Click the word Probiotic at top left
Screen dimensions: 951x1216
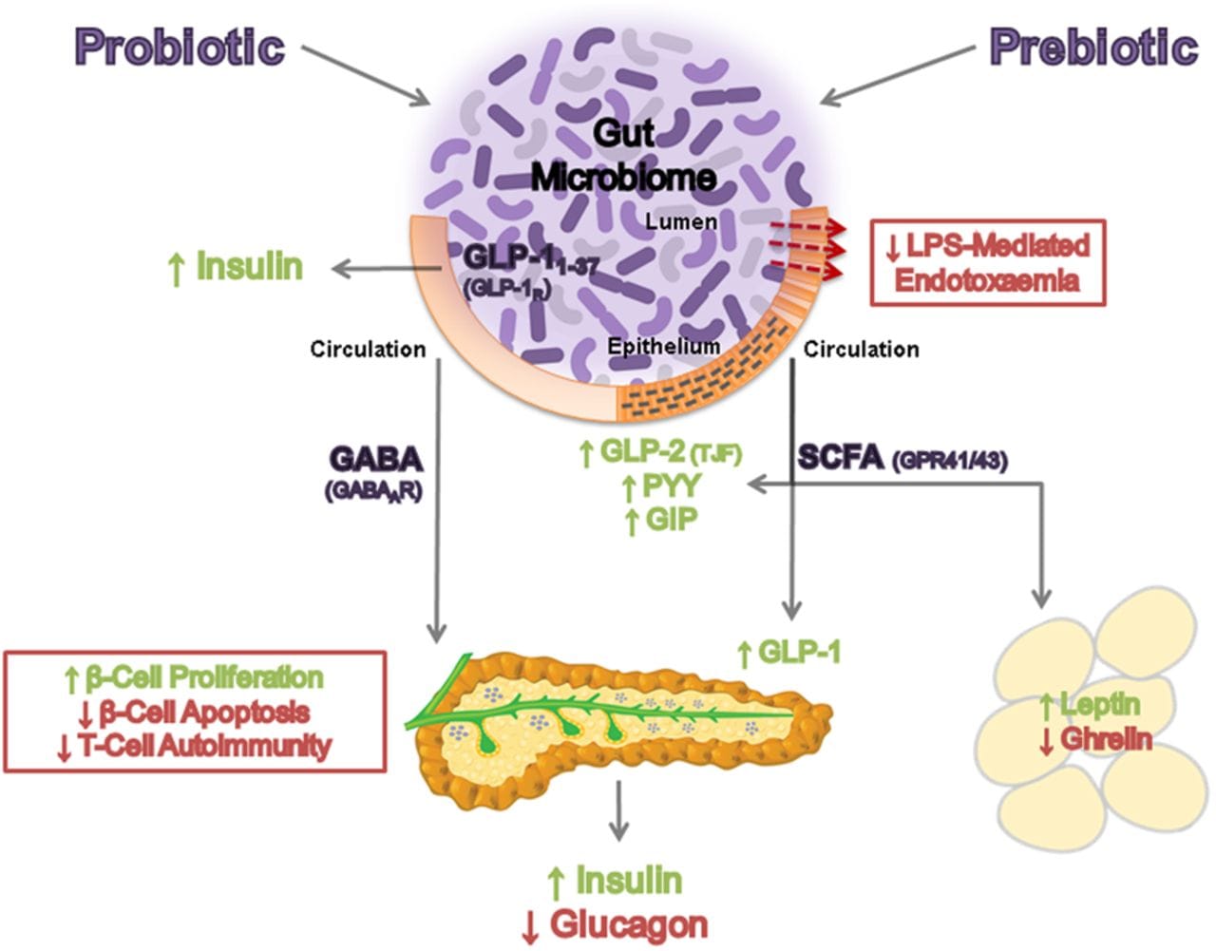(x=180, y=47)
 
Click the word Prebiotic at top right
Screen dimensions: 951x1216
(x=1093, y=47)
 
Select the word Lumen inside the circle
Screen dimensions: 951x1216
(x=681, y=221)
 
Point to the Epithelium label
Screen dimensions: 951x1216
(x=663, y=346)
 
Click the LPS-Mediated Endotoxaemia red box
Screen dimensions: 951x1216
(x=988, y=263)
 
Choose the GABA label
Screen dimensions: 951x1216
(x=375, y=459)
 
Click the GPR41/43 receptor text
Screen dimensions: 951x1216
(x=950, y=461)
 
